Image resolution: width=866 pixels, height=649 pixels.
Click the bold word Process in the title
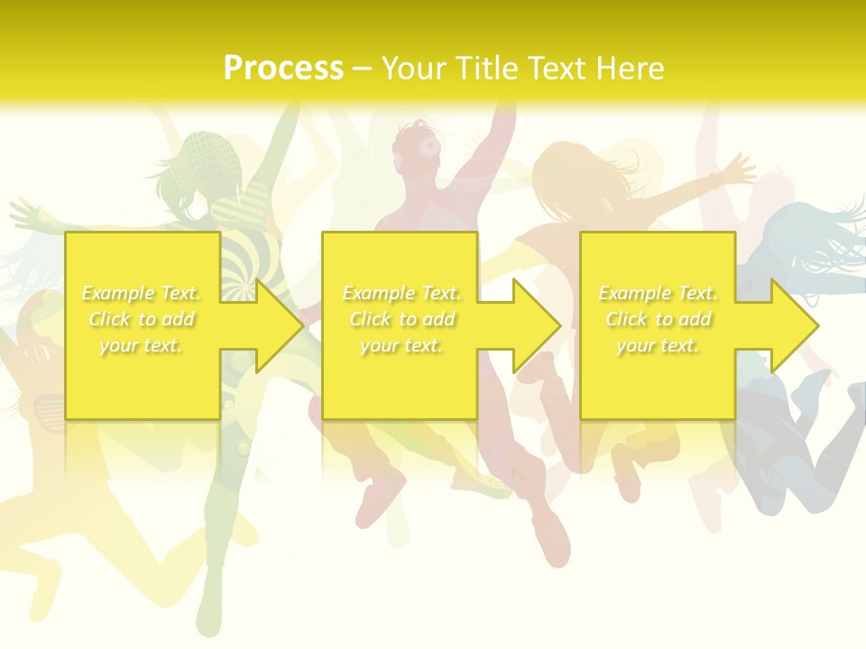pos(283,69)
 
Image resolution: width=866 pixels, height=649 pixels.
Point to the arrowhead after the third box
pos(794,325)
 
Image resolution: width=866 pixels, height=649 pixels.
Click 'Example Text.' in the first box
pos(142,293)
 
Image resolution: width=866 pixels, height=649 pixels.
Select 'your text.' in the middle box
pos(401,345)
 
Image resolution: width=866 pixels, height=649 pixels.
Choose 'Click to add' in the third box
pos(659,319)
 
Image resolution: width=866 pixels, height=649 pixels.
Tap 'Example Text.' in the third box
pos(658,293)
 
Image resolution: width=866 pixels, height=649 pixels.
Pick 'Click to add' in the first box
pos(142,319)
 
